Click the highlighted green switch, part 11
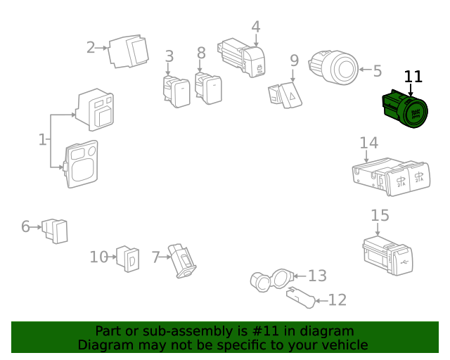tap(405, 108)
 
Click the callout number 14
tap(368, 143)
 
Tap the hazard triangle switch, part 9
tap(285, 95)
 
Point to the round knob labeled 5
tap(334, 67)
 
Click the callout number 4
tap(256, 27)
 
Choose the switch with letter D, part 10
tap(128, 258)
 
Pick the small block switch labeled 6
tap(55, 231)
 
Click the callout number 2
tap(91, 48)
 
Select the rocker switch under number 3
tap(176, 91)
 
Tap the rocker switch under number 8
tap(208, 89)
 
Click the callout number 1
tap(42, 140)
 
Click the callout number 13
tap(317, 276)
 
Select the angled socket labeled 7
tap(182, 261)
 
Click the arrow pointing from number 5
tap(366, 70)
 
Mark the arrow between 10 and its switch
tap(112, 257)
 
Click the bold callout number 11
tap(413, 77)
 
